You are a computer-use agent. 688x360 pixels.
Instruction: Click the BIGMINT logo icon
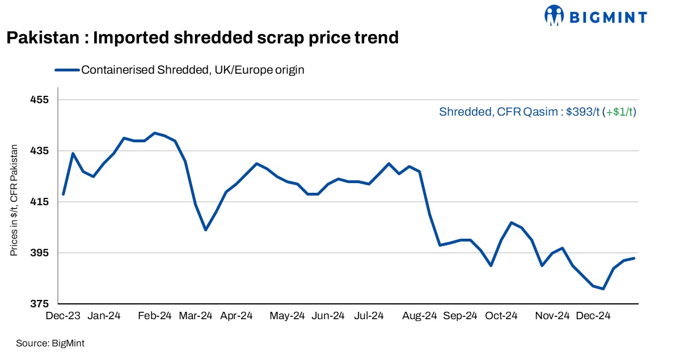[x=555, y=16]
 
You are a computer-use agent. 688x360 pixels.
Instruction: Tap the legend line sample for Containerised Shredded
[x=66, y=70]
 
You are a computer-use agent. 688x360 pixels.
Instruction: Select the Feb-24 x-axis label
[x=155, y=316]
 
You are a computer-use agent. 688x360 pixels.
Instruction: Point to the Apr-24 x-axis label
[x=236, y=316]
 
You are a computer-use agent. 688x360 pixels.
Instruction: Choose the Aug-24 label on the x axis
[x=420, y=316]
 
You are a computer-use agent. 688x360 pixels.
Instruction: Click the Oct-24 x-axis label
[x=501, y=316]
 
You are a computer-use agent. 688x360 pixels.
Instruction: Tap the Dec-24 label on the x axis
[x=593, y=316]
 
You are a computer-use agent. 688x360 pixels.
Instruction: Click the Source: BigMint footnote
[x=50, y=343]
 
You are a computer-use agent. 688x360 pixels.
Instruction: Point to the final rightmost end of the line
[x=634, y=258]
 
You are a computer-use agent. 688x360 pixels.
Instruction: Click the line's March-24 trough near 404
[x=205, y=230]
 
